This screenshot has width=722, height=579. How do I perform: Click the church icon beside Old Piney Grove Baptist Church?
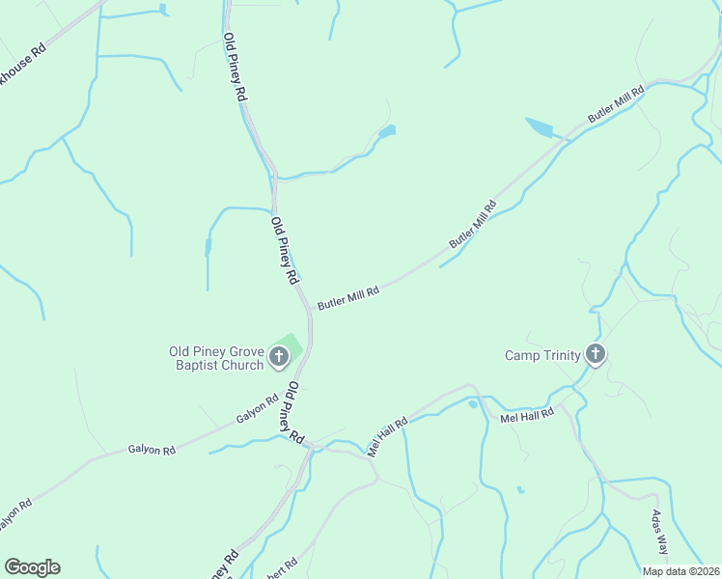click(x=279, y=358)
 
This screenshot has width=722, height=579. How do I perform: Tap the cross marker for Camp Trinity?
click(x=596, y=355)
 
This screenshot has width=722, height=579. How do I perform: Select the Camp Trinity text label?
click(x=542, y=355)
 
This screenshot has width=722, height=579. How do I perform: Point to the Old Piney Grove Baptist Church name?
click(x=215, y=358)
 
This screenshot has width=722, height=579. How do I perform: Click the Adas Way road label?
click(x=660, y=531)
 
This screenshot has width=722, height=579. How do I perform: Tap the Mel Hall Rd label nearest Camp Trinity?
click(x=527, y=414)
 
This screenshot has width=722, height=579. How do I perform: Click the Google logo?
click(x=32, y=567)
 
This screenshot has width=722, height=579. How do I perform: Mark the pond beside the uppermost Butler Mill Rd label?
click(x=539, y=127)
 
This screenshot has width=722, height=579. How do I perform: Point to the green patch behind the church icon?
click(x=291, y=345)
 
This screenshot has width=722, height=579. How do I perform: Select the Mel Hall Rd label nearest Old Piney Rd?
click(x=387, y=436)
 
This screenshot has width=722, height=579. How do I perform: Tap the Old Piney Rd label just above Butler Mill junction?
click(x=284, y=250)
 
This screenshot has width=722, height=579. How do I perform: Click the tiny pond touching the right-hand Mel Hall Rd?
click(x=472, y=404)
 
